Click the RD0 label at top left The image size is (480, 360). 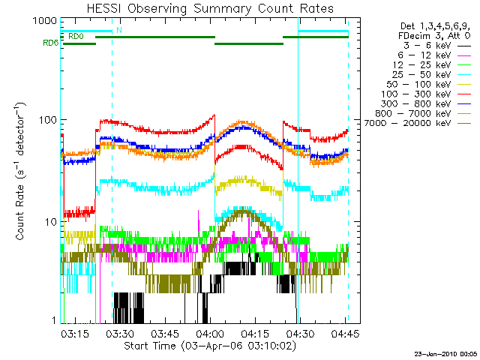tap(75, 36)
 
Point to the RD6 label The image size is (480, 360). tap(51, 43)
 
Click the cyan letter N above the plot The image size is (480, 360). tap(118, 31)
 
